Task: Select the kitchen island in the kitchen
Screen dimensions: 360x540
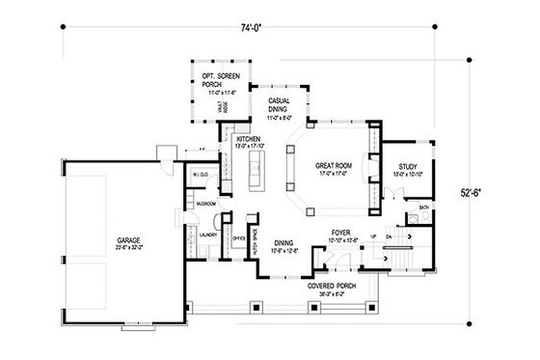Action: (256, 166)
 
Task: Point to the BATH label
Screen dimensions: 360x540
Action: (422, 207)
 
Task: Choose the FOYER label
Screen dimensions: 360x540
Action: (340, 232)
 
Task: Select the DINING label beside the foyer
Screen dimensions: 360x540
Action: (284, 243)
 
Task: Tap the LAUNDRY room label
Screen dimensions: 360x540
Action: (206, 233)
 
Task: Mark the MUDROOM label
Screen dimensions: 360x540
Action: (205, 205)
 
